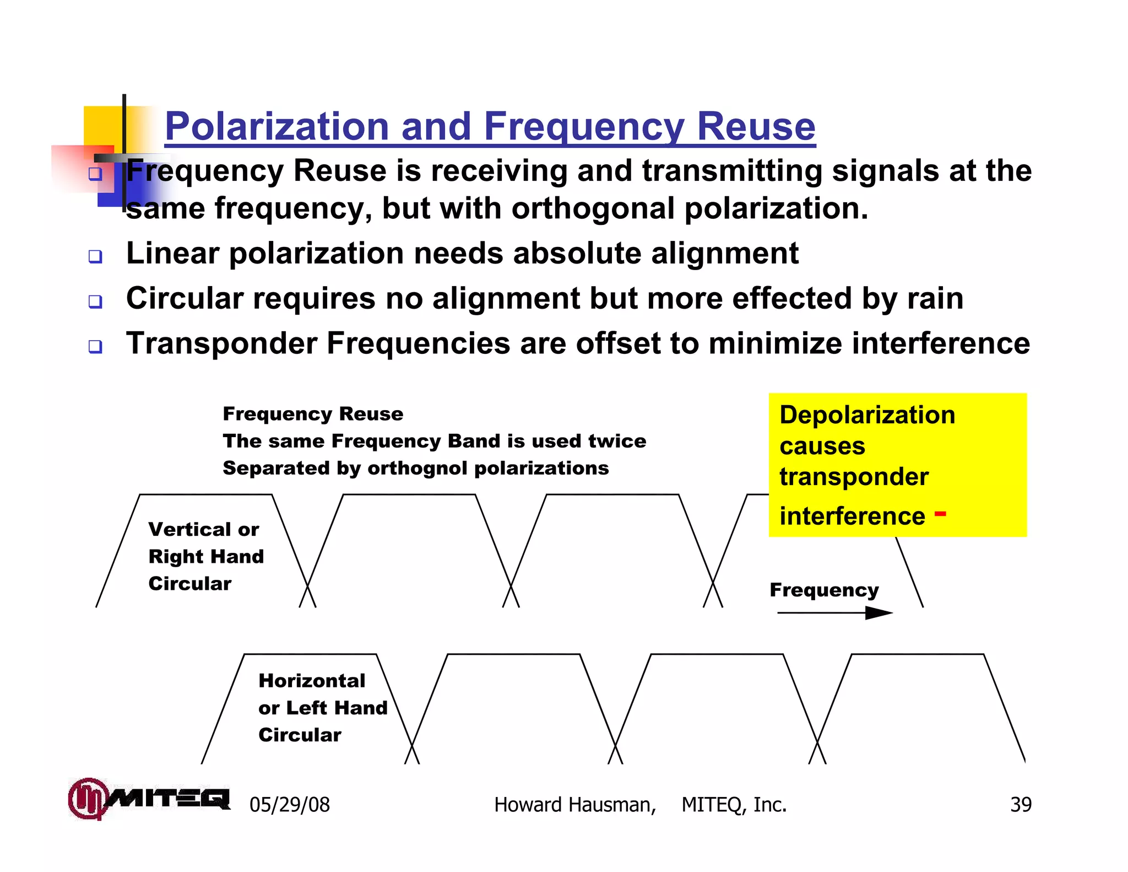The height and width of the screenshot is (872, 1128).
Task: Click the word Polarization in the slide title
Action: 277,127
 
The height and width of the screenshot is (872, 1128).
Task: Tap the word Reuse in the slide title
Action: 756,127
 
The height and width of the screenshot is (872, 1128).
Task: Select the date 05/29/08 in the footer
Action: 289,805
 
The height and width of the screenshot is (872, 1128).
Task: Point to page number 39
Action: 1021,805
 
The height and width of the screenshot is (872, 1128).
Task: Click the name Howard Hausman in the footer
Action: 574,805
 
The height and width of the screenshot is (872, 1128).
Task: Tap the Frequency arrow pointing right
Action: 834,613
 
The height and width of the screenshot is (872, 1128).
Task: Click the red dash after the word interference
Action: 940,514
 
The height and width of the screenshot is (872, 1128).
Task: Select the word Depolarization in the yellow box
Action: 867,415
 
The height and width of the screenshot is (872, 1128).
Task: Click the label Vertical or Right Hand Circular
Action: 206,556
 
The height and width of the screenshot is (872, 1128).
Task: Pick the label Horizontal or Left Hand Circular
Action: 322,708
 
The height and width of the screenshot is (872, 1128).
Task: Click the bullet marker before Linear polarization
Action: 95,256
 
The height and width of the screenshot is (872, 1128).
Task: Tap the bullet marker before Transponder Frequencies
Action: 95,347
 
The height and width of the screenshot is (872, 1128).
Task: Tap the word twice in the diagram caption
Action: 617,441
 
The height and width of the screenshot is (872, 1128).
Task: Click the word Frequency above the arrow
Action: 824,590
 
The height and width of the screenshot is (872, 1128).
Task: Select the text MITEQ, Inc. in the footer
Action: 734,805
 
